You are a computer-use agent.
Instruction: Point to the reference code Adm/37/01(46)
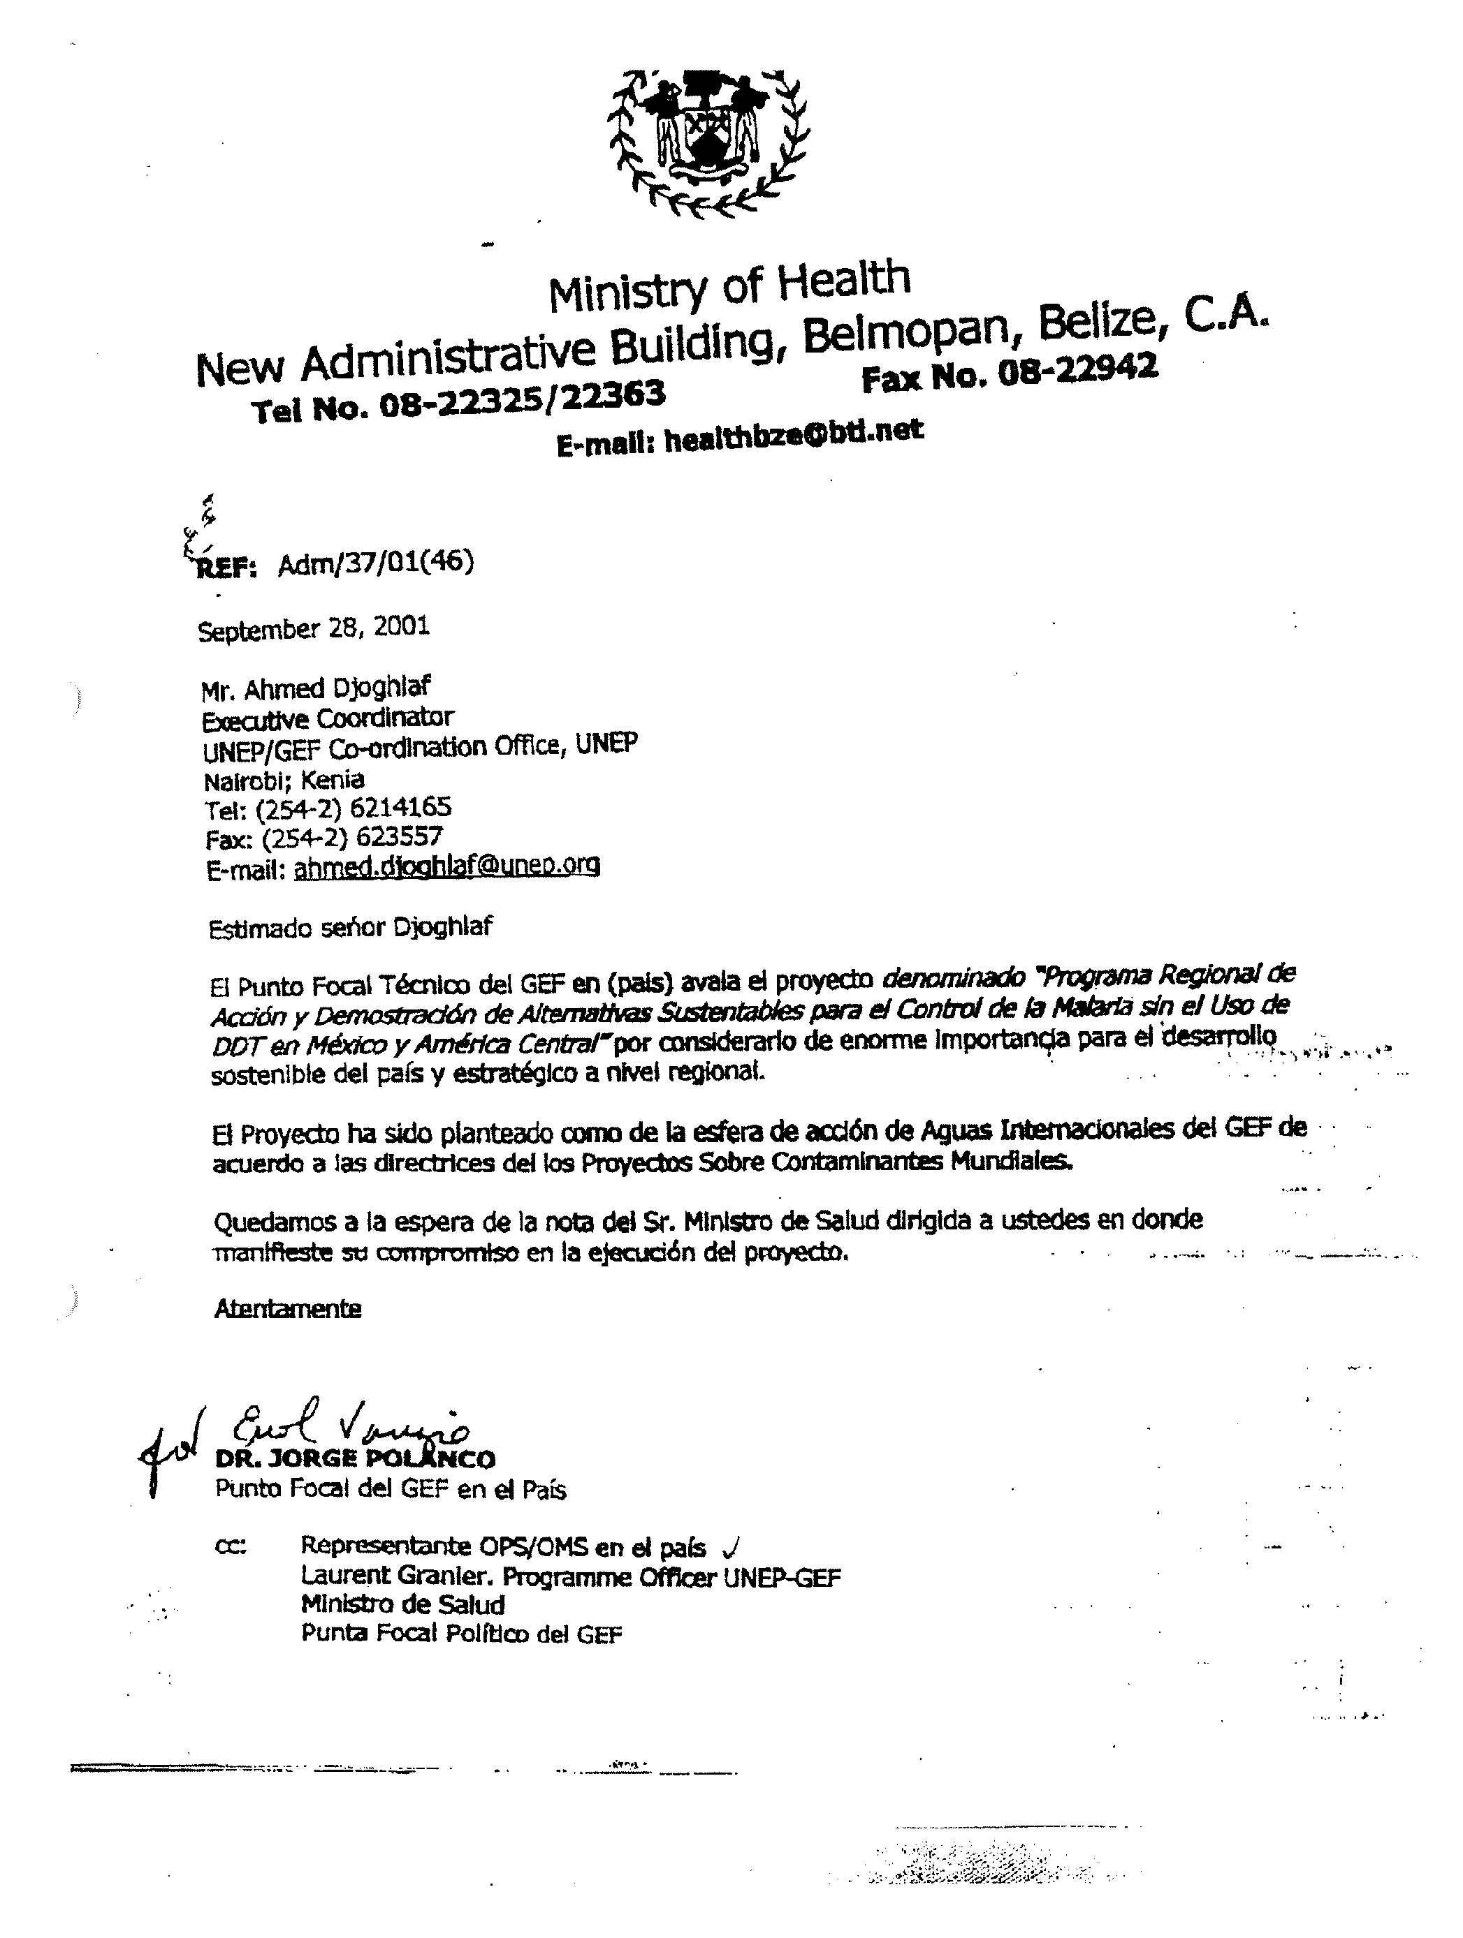(x=375, y=563)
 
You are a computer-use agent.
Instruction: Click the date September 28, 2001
(x=314, y=628)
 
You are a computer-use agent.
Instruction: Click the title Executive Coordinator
(x=328, y=718)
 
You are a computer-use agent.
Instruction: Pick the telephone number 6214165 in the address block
(x=400, y=807)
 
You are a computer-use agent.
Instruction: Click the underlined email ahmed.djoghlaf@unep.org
(x=447, y=866)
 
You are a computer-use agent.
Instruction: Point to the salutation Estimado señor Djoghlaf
(x=351, y=927)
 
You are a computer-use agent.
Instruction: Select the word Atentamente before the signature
(x=288, y=1309)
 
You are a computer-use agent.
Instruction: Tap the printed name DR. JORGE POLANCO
(x=355, y=1459)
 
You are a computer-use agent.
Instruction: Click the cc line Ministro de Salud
(x=402, y=1605)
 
